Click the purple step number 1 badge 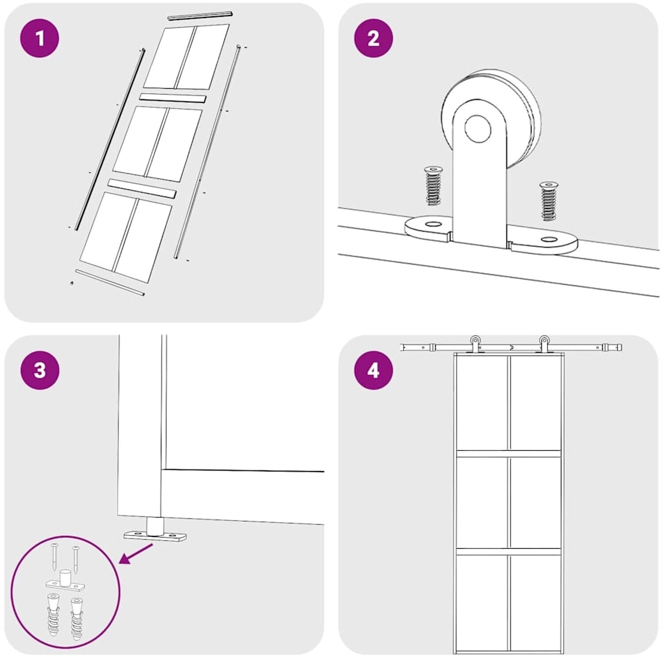tap(40, 38)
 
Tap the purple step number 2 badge tap(374, 38)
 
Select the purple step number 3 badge tap(40, 370)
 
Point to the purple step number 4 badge tap(374, 370)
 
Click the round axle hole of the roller tap(478, 129)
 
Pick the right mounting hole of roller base tap(549, 240)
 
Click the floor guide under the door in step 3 tap(155, 532)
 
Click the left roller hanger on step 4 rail tap(474, 345)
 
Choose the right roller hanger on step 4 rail tap(544, 345)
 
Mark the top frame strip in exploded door tap(200, 16)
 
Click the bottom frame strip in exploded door tap(110, 283)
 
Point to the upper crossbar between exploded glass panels tap(173, 98)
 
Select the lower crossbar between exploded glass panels tap(142, 189)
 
